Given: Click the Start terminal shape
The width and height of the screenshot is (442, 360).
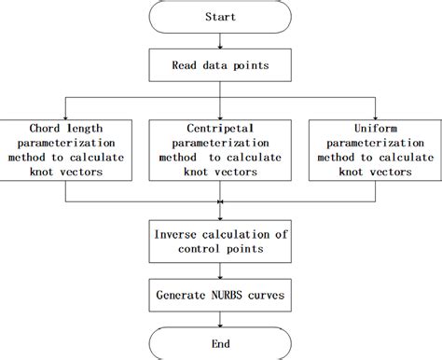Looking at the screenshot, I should [x=221, y=18].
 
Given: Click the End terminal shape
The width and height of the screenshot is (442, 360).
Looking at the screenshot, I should [x=221, y=342].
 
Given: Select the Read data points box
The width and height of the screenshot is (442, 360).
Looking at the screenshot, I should [x=221, y=65].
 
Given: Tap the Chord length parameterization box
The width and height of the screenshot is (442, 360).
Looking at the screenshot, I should [x=64, y=146].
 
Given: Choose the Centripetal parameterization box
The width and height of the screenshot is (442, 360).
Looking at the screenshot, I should [x=221, y=146].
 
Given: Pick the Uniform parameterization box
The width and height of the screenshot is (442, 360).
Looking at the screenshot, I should [x=378, y=146].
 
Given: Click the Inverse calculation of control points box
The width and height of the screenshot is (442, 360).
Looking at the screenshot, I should [x=221, y=242].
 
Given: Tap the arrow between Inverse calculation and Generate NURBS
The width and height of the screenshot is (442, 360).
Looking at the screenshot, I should [x=221, y=271].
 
